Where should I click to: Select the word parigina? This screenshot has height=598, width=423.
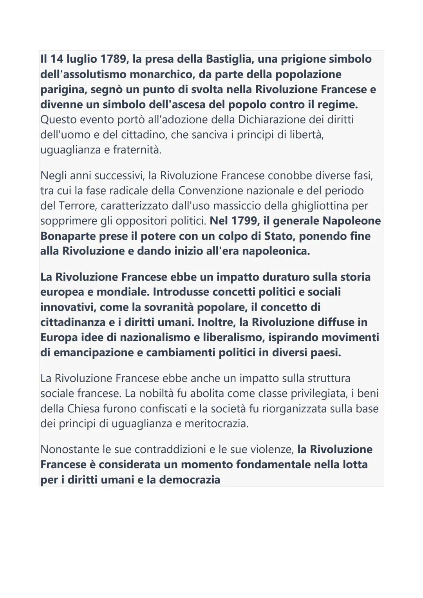[x=63, y=90]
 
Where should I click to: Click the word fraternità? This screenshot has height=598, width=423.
[x=137, y=150]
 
